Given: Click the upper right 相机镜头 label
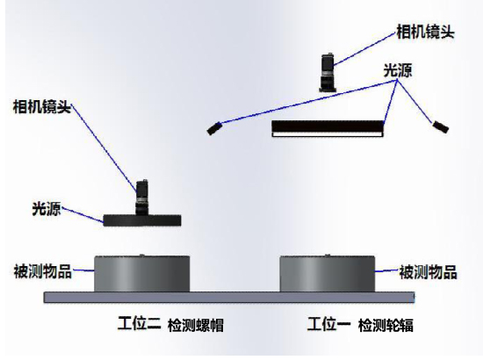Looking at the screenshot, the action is click(x=425, y=32).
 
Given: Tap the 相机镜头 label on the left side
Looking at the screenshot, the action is click(x=42, y=107).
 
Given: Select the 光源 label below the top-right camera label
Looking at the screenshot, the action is click(x=398, y=70).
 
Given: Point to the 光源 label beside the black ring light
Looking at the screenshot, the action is click(x=47, y=209).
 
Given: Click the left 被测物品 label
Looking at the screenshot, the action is click(x=43, y=271).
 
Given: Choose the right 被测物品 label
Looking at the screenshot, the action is click(x=428, y=272).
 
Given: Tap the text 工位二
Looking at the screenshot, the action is click(x=140, y=323).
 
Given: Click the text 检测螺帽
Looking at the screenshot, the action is click(x=196, y=325).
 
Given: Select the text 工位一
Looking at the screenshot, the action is click(x=329, y=324).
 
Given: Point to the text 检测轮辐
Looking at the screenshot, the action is click(x=386, y=325).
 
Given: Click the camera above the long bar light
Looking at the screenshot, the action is click(x=328, y=72).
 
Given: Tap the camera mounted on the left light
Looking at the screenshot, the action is click(x=141, y=197).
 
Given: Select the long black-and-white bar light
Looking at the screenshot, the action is click(x=328, y=128).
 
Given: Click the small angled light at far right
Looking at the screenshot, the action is click(x=441, y=126).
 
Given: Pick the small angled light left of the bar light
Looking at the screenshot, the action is click(x=214, y=128).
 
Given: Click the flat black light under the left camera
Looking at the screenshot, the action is click(x=142, y=220).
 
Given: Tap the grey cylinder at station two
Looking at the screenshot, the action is click(x=142, y=273).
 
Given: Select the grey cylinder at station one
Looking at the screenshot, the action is click(x=328, y=273).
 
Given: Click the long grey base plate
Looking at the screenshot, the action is click(x=229, y=297).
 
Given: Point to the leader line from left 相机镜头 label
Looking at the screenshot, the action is click(x=104, y=147).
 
